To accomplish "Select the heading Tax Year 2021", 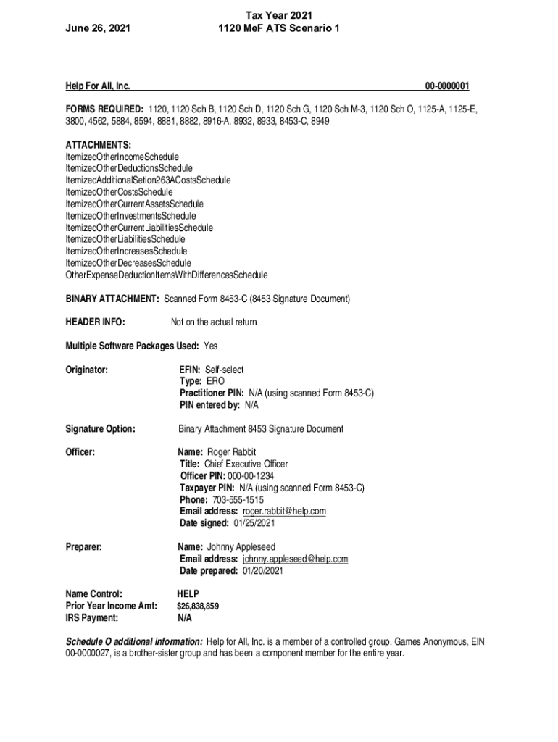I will point(279,15).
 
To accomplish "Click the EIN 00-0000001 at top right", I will point(447,87).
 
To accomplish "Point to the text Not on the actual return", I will point(214,322).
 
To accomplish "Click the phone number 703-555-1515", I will point(238,500).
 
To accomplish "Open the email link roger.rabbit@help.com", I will point(284,512).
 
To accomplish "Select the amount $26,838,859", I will point(199,606).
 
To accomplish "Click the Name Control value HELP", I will point(188,594).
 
